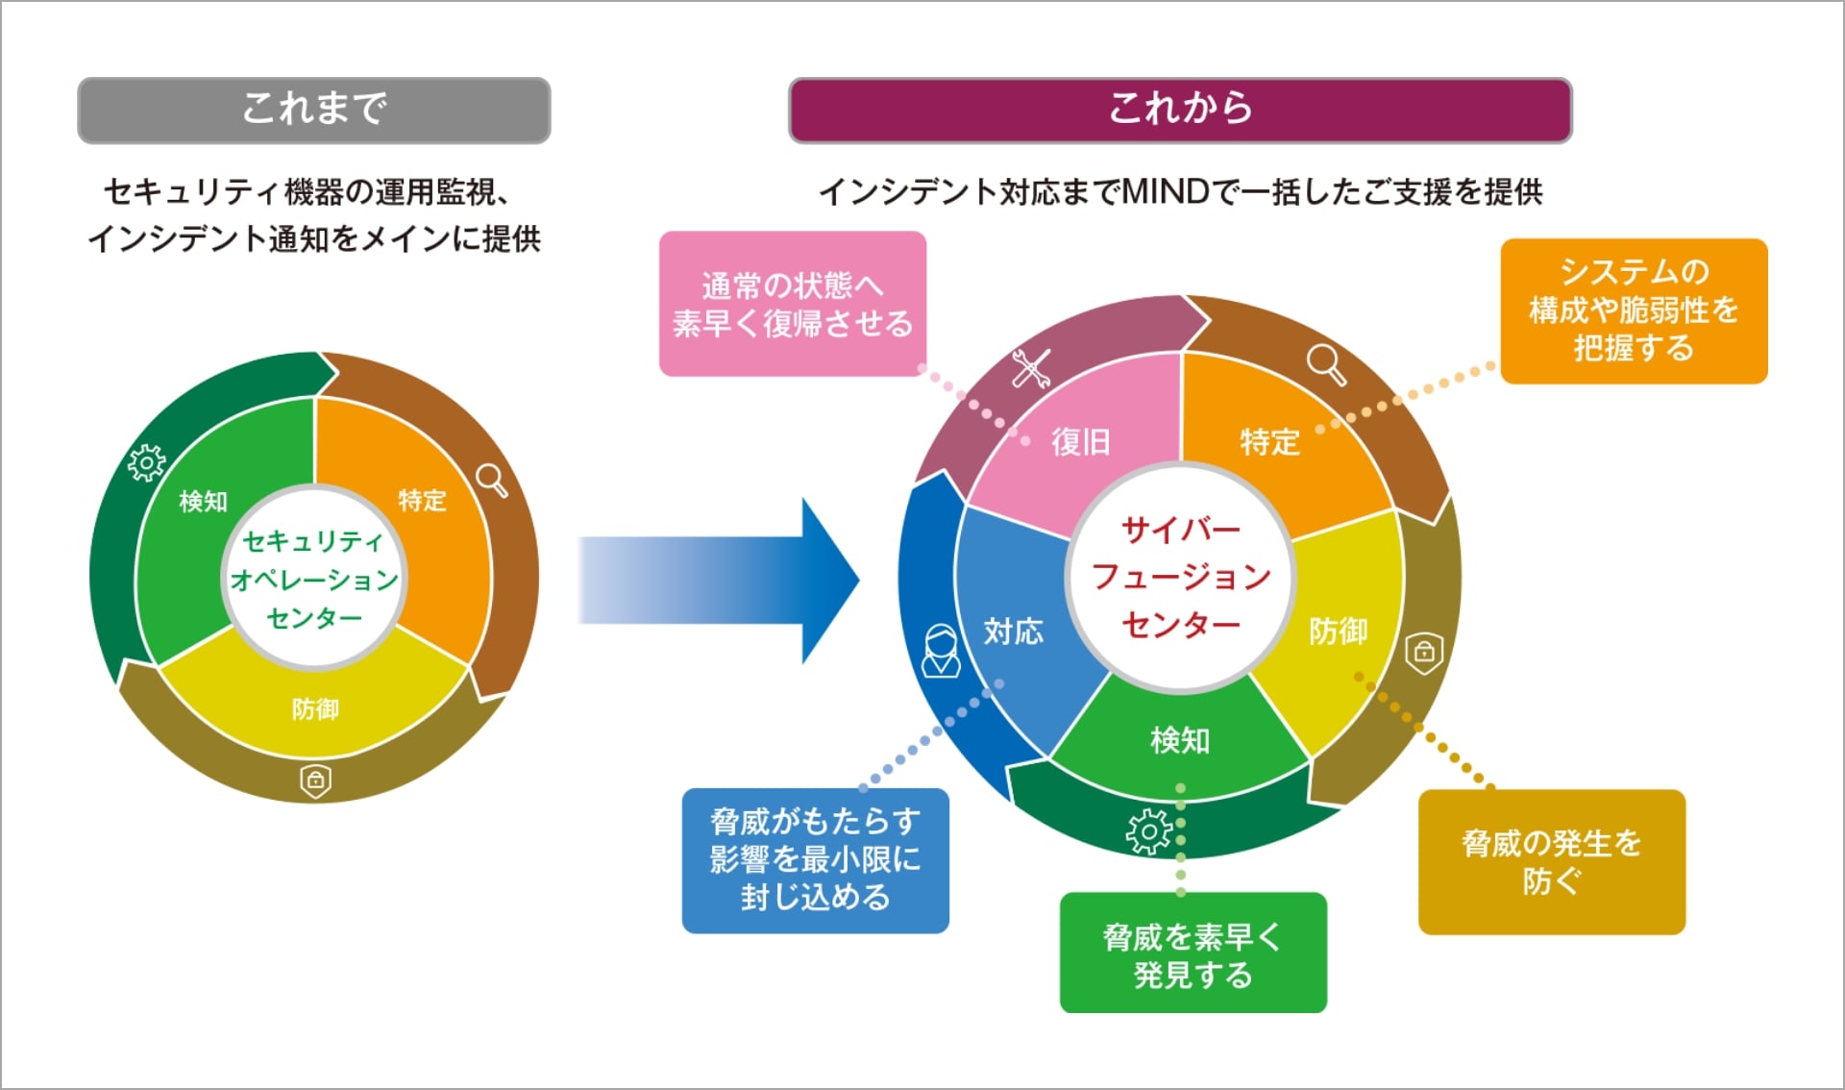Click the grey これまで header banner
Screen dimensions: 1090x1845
(x=313, y=110)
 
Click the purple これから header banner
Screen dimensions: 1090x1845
(x=1180, y=110)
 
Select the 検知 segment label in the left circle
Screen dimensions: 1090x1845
(x=203, y=501)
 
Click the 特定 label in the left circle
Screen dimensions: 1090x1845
(x=422, y=501)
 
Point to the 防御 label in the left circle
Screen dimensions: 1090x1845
(x=315, y=709)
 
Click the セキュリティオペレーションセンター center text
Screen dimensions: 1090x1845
(x=313, y=580)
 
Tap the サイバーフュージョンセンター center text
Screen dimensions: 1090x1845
(x=1181, y=577)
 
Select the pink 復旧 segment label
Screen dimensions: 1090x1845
(x=1080, y=442)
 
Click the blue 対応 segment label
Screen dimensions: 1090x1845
(x=1013, y=632)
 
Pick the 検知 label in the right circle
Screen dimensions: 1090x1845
(x=1180, y=740)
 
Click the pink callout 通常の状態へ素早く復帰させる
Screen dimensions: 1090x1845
(x=792, y=304)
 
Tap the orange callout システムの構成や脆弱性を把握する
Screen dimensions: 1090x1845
(x=1634, y=310)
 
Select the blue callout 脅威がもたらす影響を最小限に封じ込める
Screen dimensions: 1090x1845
(x=815, y=859)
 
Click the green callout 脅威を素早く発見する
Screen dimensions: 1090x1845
(x=1193, y=954)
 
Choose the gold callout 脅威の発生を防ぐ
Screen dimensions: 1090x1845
(x=1551, y=861)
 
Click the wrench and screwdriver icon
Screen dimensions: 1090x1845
(x=1031, y=368)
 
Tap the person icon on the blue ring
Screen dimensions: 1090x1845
(x=941, y=652)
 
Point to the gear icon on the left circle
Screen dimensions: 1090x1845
(x=147, y=463)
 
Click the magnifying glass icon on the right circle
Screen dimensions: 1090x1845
(x=1326, y=364)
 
